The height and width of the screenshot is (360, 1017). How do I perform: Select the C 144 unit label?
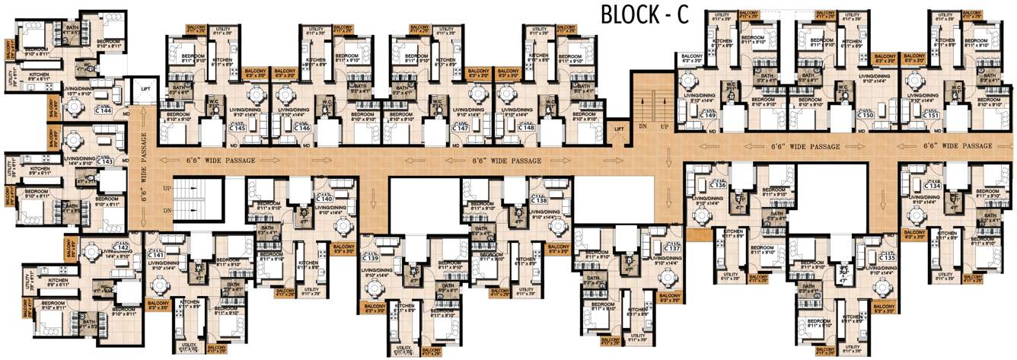point(104,111)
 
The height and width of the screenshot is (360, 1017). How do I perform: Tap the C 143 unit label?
point(104,161)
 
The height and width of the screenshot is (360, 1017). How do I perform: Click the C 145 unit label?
point(238,128)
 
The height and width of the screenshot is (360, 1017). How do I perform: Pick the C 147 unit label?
point(460,128)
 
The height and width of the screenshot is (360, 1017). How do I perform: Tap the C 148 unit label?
point(527,128)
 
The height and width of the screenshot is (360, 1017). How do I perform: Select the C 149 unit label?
point(709,116)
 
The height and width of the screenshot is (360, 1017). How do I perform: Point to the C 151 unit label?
point(932,116)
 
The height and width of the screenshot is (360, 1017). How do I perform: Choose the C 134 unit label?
point(933,186)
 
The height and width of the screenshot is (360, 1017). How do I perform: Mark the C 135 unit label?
point(888,258)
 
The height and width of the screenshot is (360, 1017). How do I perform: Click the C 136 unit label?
point(719,185)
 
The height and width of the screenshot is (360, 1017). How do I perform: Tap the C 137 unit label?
point(672,248)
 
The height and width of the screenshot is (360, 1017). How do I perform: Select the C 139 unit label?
point(372,260)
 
